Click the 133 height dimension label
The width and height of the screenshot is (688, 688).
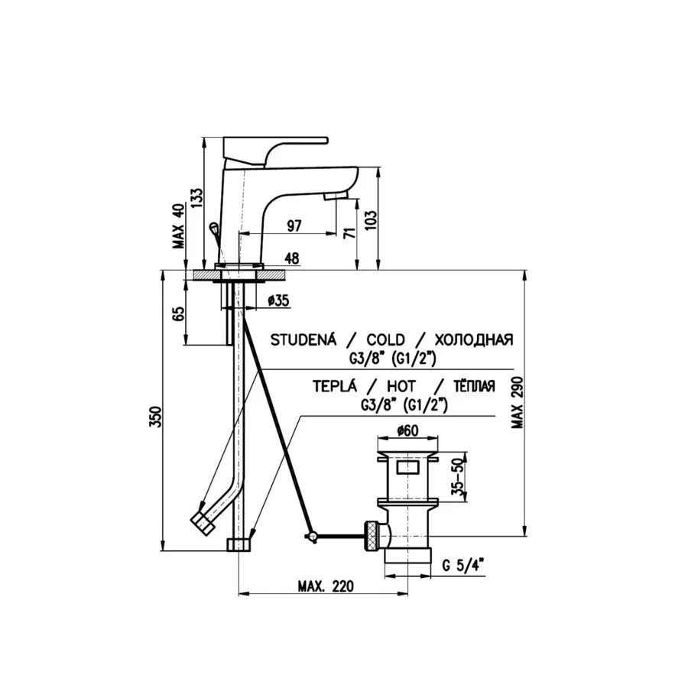click(197, 198)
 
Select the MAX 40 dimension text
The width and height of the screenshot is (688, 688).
click(180, 226)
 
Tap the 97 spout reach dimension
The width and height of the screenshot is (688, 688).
click(294, 226)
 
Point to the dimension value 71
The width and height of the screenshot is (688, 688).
click(349, 232)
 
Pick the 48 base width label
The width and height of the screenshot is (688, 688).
click(292, 258)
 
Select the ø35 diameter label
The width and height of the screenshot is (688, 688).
click(278, 300)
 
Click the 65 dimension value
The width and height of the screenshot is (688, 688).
click(179, 313)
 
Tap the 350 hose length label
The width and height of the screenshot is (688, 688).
click(156, 417)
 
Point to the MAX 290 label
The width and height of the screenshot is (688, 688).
click(518, 402)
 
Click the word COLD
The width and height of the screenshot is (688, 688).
click(386, 339)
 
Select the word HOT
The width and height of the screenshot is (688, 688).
click(401, 386)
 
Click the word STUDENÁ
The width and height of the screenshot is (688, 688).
click(303, 339)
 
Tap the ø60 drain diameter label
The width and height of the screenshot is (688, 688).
click(407, 430)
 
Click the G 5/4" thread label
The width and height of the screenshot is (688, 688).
click(463, 565)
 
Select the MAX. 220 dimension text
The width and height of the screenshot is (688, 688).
click(326, 586)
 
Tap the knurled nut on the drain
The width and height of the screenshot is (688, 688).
click(372, 534)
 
